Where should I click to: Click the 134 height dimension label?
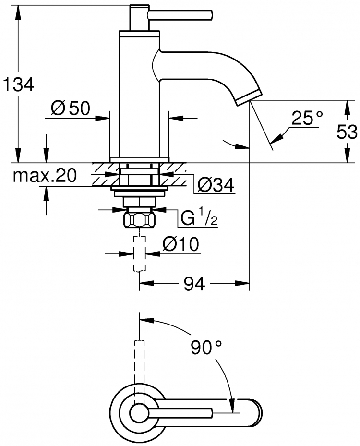pos(19,84)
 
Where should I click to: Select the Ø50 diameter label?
pos(71,108)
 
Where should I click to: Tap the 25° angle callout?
pos(307,118)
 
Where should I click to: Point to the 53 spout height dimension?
pos(347,132)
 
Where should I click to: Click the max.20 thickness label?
pos(45,175)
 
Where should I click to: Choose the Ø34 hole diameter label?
pos(216,185)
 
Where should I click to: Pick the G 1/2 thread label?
pos(199,218)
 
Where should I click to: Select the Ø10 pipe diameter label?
pos(181,244)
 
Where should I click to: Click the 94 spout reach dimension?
pos(194,284)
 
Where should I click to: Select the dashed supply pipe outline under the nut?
pos(139,253)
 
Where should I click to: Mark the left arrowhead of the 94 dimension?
pos(146,283)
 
